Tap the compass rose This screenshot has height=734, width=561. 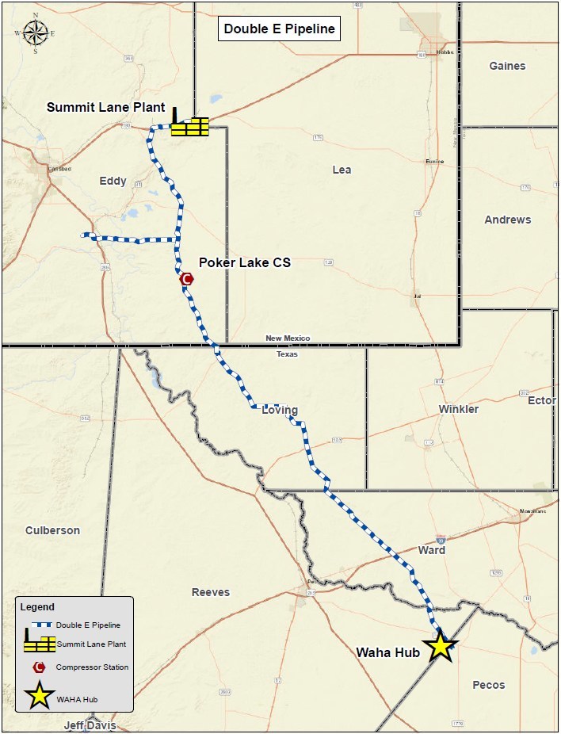pyautogui.click(x=35, y=33)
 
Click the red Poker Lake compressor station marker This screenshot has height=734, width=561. pyautogui.click(x=187, y=278)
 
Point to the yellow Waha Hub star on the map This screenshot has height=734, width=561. pyautogui.click(x=440, y=647)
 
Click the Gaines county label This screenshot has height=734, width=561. pyautogui.click(x=507, y=66)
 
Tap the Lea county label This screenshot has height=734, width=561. pyautogui.click(x=342, y=170)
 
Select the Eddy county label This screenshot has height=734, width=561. pyautogui.click(x=113, y=181)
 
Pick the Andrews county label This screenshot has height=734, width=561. pyautogui.click(x=508, y=220)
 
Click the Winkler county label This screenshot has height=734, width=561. pyautogui.click(x=459, y=409)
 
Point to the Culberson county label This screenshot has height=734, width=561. pyautogui.click(x=52, y=530)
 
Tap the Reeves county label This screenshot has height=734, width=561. pyautogui.click(x=211, y=592)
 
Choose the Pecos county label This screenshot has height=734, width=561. pyautogui.click(x=488, y=685)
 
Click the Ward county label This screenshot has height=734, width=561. pyautogui.click(x=431, y=549)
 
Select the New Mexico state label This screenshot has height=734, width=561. pyautogui.click(x=288, y=338)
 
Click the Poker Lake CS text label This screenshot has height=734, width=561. pyautogui.click(x=244, y=262)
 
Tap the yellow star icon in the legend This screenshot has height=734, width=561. pyautogui.click(x=39, y=698)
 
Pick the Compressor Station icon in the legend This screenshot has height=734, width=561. pyautogui.click(x=38, y=667)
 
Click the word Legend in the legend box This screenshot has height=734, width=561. pyautogui.click(x=37, y=607)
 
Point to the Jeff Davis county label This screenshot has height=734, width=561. pyautogui.click(x=90, y=725)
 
